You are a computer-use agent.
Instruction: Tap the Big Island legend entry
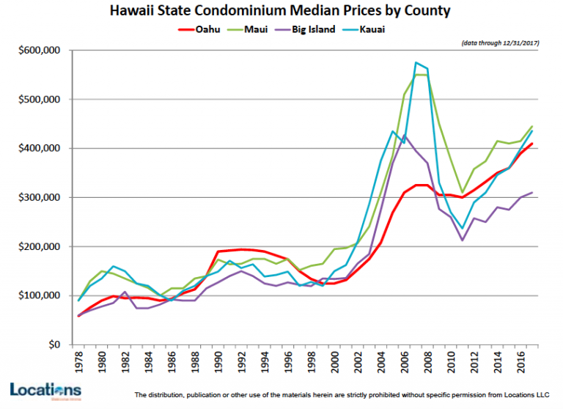pyautogui.click(x=314, y=29)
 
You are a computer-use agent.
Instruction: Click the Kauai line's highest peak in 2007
pyautogui.click(x=416, y=62)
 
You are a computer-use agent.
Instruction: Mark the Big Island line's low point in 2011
pyautogui.click(x=462, y=240)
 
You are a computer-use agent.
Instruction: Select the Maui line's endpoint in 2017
pyautogui.click(x=531, y=126)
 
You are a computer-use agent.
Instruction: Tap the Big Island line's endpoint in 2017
pyautogui.click(x=531, y=193)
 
